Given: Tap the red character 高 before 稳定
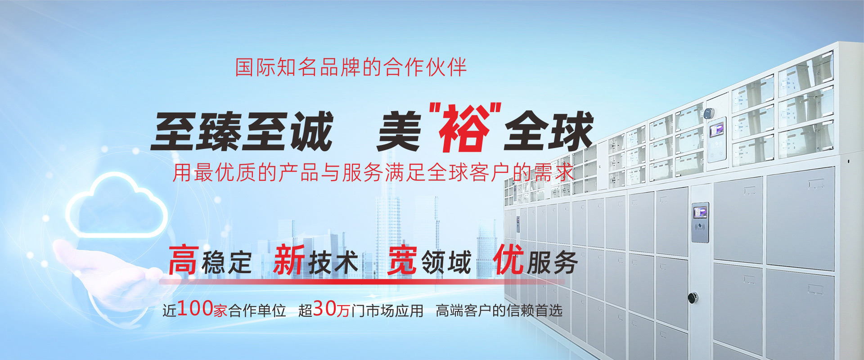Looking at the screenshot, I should click(x=183, y=261).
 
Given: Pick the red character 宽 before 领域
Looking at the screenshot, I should click(x=402, y=261).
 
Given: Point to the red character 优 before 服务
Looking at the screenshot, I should click(x=508, y=261).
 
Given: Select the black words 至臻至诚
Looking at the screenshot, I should click(x=242, y=131).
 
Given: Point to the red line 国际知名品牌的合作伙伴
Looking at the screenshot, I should click(x=351, y=67).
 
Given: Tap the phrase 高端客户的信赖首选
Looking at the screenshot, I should click(x=499, y=311).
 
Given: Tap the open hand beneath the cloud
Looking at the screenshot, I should click(x=108, y=274).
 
